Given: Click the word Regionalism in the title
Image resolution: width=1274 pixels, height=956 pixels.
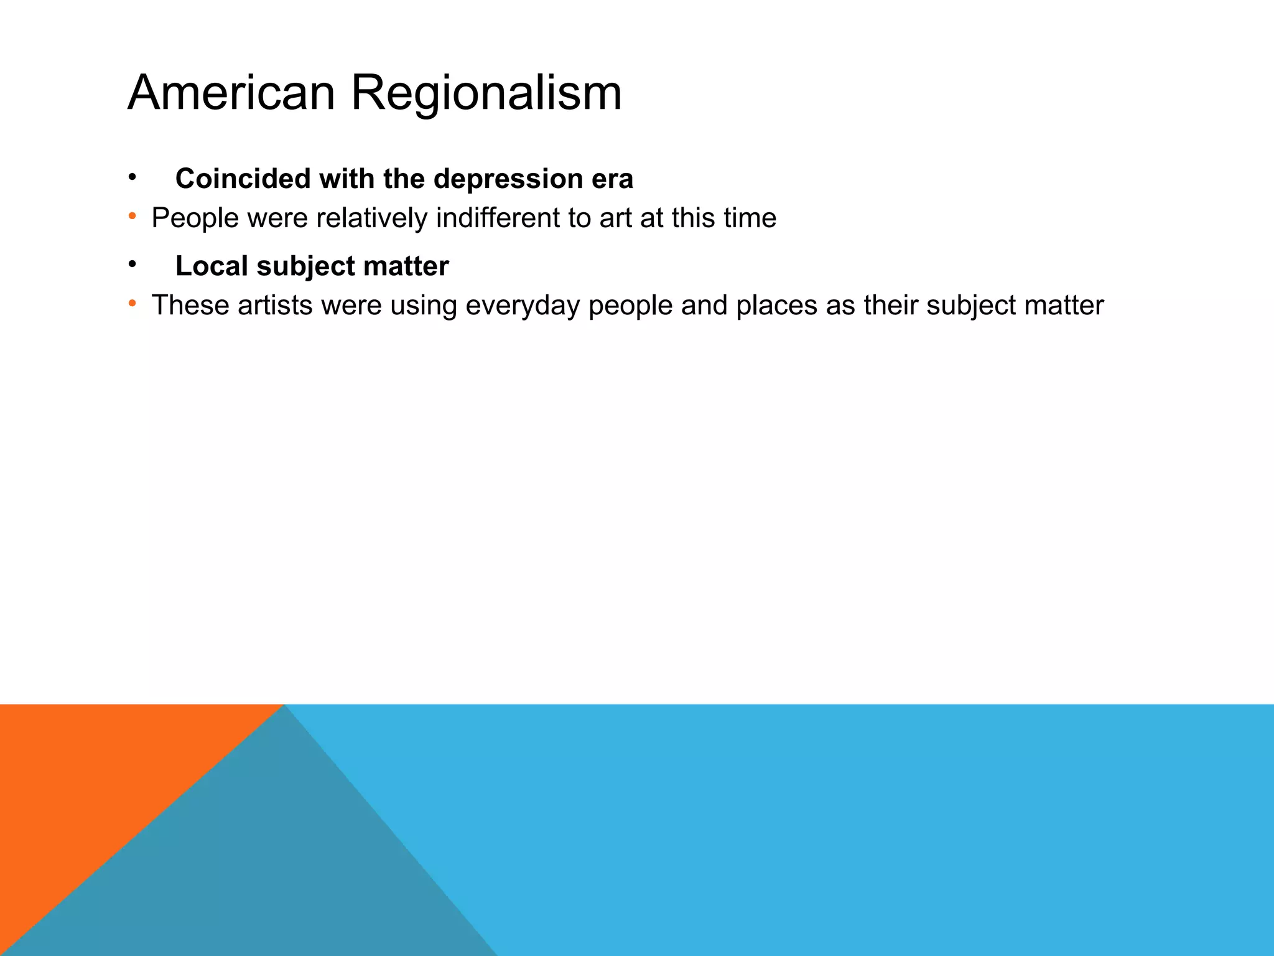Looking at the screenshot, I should pos(486,93).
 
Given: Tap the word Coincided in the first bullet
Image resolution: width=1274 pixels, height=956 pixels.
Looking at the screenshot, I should pos(243,179).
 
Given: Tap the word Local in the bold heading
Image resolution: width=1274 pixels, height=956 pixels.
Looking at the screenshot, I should pos(212,266).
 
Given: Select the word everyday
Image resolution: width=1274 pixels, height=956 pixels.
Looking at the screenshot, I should pos(523,306).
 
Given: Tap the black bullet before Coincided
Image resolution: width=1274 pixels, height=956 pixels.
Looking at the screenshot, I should pos(132,178).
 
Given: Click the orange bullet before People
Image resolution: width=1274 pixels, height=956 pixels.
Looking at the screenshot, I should pos(132,217).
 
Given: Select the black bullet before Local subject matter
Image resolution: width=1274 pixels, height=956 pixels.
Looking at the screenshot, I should pos(132,265).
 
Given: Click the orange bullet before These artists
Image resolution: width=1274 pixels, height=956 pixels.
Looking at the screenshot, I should pos(132,304).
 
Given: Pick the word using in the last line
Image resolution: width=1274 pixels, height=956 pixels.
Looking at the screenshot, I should pos(423,306).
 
